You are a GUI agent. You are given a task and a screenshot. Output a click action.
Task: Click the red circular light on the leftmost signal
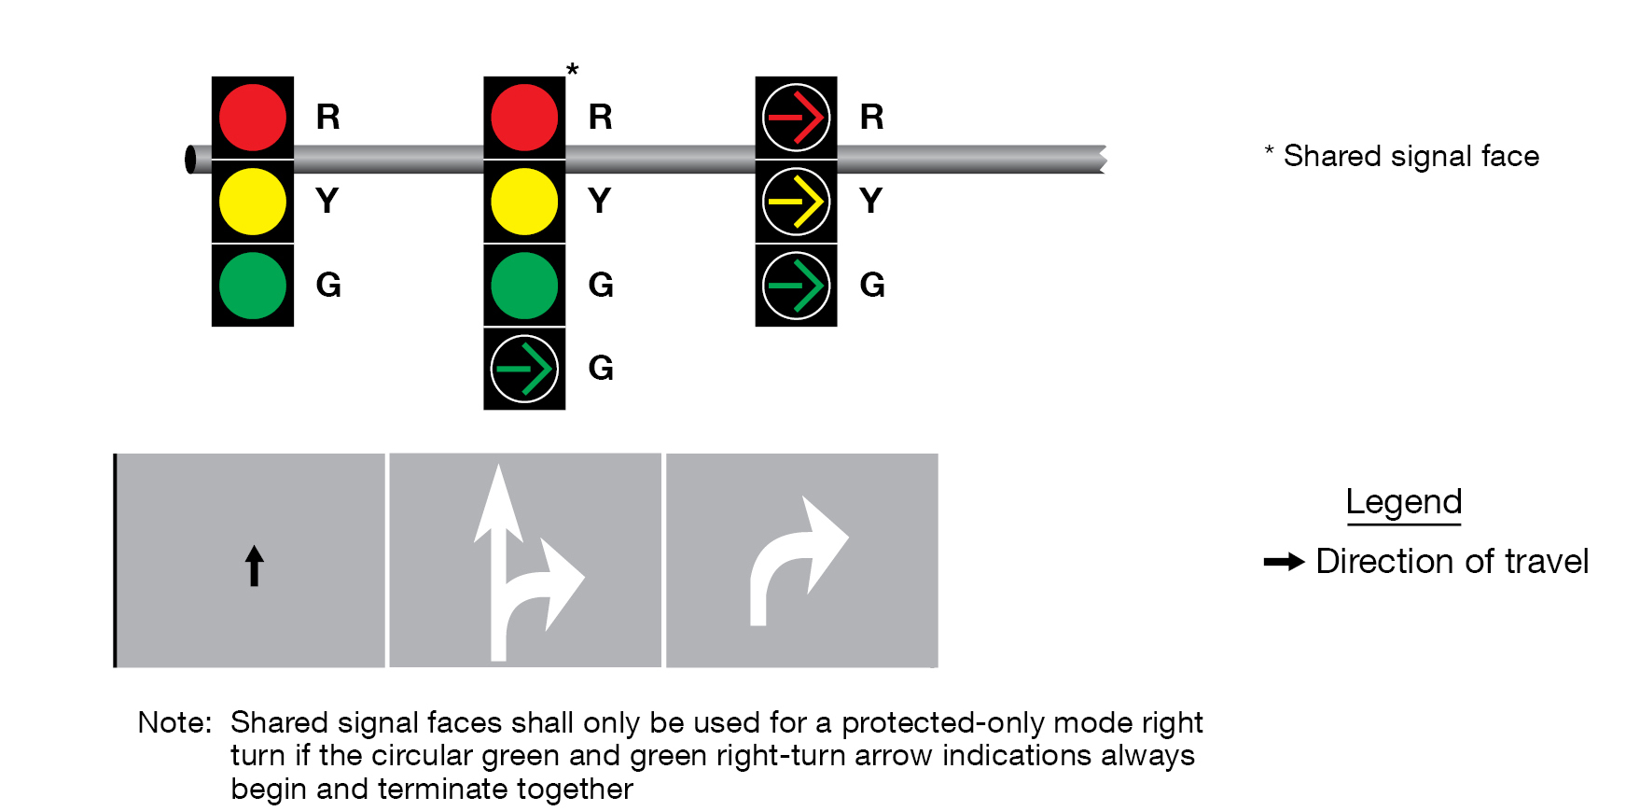pos(253,118)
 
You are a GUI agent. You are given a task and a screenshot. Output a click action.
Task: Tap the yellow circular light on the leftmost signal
pos(253,202)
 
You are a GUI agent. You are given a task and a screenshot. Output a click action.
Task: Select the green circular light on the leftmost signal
pos(253,286)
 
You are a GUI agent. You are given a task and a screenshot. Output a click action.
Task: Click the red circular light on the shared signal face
pos(524,118)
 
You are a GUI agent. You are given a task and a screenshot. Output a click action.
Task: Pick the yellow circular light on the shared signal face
pos(524,202)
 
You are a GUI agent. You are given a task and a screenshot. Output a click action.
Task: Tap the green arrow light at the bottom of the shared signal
pos(524,369)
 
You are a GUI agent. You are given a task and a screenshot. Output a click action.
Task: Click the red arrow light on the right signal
pos(796,118)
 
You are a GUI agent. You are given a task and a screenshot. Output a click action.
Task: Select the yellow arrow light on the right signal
pos(796,202)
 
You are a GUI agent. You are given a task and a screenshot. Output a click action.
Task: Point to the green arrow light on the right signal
pos(796,286)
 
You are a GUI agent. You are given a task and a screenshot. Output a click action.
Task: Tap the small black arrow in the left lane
pos(254,566)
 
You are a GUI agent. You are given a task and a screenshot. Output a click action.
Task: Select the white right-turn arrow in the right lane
pos(798,560)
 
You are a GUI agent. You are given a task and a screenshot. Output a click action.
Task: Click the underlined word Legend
pos(1403,502)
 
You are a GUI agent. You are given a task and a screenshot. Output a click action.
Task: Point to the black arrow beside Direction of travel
pos(1284,562)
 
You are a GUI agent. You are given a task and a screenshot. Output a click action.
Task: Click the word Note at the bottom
pos(174,722)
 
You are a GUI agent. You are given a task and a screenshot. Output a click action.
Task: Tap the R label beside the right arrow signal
pos(872,118)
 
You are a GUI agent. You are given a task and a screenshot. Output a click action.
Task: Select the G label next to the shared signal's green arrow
pos(601,369)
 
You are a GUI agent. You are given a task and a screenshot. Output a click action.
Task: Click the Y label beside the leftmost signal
pos(327,202)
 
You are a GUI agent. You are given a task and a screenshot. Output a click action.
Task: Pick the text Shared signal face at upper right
pos(1411,156)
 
